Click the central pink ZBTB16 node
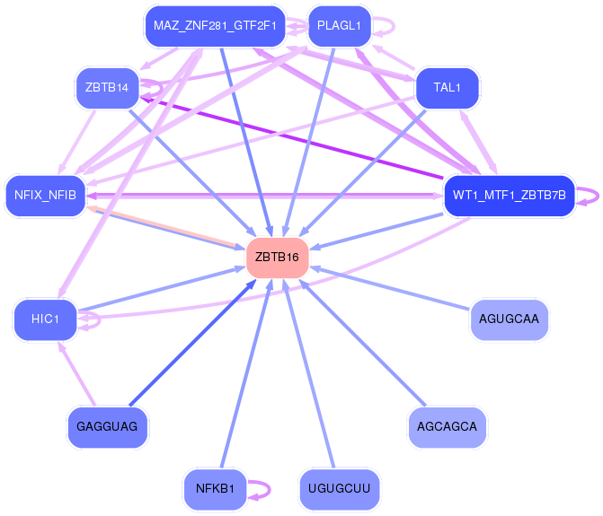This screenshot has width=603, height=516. [x=279, y=257]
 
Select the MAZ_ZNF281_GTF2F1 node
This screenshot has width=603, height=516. [x=215, y=26]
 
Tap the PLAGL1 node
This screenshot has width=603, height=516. [x=339, y=26]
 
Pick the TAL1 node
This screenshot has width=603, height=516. [x=446, y=88]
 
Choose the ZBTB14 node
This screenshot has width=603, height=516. [x=106, y=88]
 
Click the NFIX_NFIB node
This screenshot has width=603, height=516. [x=45, y=194]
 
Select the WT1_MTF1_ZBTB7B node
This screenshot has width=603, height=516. [x=509, y=195]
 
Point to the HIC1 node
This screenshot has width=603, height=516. [x=45, y=319]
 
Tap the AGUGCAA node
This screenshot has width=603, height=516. [x=509, y=319]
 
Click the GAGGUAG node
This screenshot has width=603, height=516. [x=107, y=426]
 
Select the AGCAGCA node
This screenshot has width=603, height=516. [x=447, y=426]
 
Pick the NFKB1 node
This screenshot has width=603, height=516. [x=214, y=489]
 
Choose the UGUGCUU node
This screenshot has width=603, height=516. [x=339, y=489]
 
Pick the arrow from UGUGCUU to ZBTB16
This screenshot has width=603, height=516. [x=310, y=377]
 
